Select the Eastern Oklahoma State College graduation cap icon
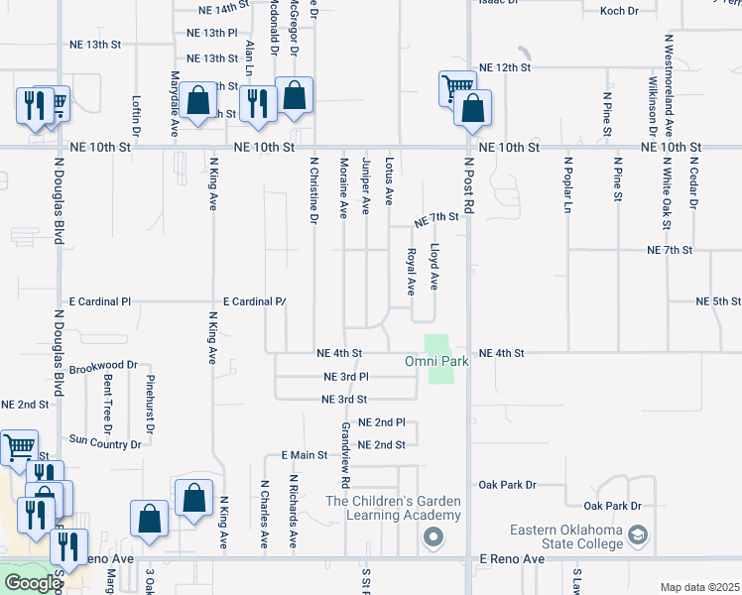pyautogui.click(x=638, y=536)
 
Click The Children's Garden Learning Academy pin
pyautogui.click(x=433, y=538)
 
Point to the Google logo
pyautogui.click(x=33, y=583)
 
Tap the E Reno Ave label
pyautogui.click(x=513, y=559)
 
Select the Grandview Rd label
pyautogui.click(x=345, y=455)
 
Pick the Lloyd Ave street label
pyautogui.click(x=434, y=267)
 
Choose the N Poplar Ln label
pyautogui.click(x=568, y=183)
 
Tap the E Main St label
pyautogui.click(x=304, y=454)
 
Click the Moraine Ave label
pyautogui.click(x=343, y=186)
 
